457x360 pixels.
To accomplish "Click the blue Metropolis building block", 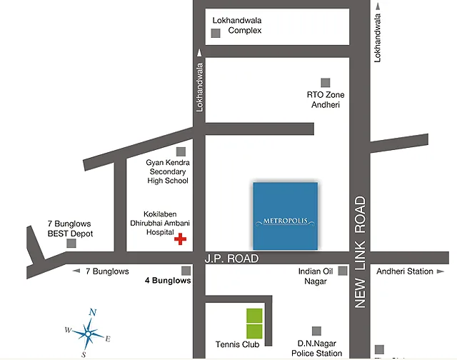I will click(286, 216).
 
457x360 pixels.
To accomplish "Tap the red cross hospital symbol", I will click(180, 239).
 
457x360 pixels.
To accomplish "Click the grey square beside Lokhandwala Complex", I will click(216, 32).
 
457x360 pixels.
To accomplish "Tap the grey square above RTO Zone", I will click(326, 82).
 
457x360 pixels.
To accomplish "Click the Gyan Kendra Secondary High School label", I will click(167, 171).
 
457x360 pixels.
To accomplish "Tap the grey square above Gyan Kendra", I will click(181, 151).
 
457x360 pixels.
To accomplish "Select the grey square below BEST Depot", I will click(71, 244).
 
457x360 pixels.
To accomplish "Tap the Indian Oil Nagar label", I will click(312, 276).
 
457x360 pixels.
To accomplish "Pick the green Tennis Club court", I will click(253, 323).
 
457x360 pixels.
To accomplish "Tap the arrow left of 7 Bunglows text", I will click(76, 271).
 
